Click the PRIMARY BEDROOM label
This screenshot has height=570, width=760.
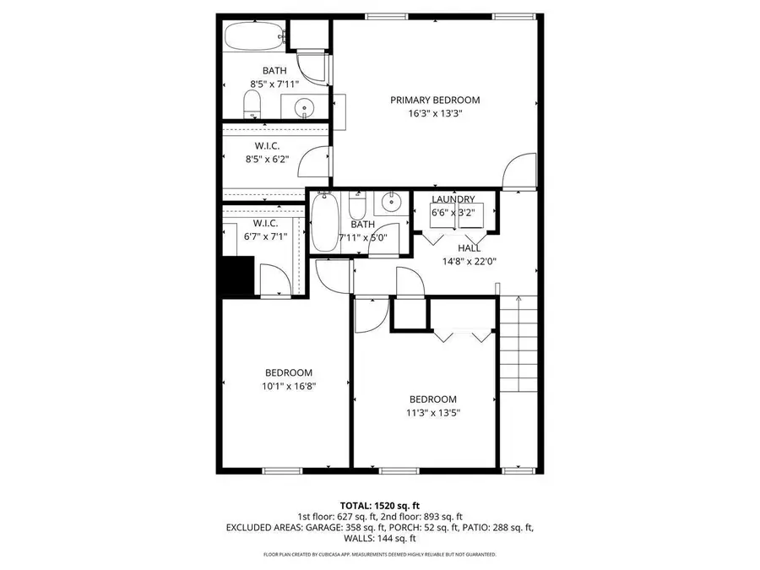(435, 100)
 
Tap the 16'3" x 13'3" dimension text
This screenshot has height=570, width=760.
(435, 113)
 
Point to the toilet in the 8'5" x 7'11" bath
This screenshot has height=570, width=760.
(252, 106)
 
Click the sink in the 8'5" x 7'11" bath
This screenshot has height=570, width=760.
(304, 107)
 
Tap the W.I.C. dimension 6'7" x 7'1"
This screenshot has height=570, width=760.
(265, 236)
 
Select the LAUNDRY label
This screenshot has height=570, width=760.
(453, 199)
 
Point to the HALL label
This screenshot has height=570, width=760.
(470, 248)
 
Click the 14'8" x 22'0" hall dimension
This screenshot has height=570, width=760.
(470, 262)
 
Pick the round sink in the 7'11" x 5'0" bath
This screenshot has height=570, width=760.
(391, 202)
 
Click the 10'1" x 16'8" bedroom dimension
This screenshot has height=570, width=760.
(289, 386)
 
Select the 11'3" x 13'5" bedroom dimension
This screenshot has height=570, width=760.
(433, 413)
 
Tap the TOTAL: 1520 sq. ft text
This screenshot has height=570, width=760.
(379, 503)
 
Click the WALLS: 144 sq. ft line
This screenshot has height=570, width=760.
(379, 538)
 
